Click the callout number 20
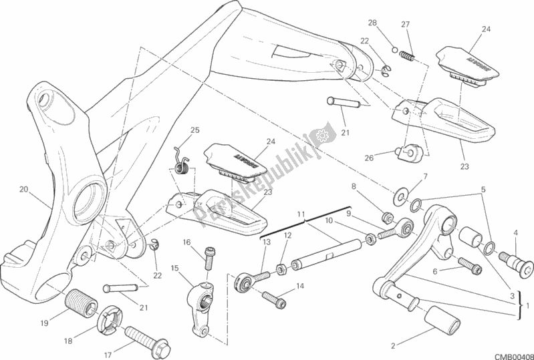click(x=23, y=189)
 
